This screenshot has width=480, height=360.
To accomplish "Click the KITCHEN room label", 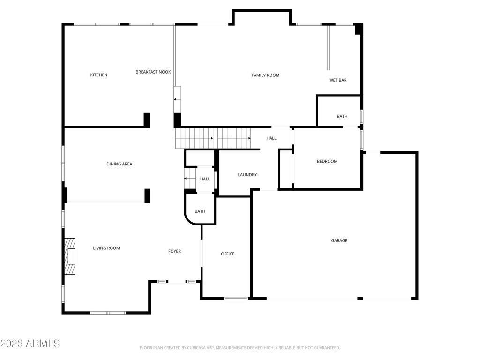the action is (98, 75).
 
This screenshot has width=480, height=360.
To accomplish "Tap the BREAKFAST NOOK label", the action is (153, 72).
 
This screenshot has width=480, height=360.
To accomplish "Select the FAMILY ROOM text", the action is (265, 75).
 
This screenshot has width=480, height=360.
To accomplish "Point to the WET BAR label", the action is (337, 80).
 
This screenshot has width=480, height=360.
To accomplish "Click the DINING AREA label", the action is (120, 164).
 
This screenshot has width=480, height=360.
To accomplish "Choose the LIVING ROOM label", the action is (106, 248).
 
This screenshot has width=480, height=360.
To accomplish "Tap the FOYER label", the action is (174, 251).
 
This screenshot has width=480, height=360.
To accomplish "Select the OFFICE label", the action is (228, 254).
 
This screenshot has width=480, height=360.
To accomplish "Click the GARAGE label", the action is (339, 241).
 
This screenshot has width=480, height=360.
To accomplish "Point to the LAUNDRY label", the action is (247, 175).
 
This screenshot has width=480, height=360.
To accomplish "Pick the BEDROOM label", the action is (327, 161).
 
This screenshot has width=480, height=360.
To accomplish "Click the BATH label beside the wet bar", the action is (342, 116).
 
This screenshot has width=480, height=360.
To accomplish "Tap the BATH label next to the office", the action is (200, 211).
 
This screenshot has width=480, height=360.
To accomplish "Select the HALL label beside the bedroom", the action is (271, 138).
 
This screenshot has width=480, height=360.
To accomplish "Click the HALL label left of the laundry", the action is (205, 179).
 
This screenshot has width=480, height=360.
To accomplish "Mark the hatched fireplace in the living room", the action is (70, 256).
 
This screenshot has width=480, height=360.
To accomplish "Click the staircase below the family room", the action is (213, 138).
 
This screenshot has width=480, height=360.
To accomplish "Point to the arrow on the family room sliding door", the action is (177, 99).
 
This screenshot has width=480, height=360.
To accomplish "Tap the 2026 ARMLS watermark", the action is (30, 344).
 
